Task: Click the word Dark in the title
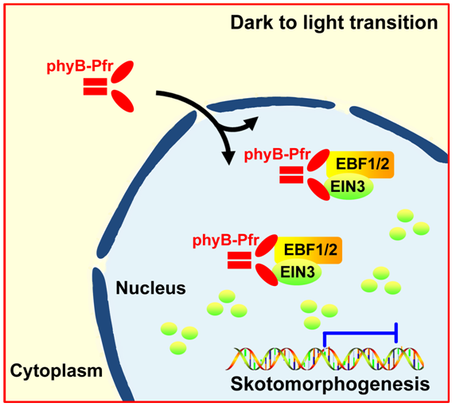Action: [x=251, y=23]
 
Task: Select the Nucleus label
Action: [x=150, y=288]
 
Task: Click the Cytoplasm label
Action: [x=56, y=371]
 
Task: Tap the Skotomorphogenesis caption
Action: [x=330, y=385]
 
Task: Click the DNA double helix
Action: [x=325, y=358]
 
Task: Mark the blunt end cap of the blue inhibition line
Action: [x=397, y=333]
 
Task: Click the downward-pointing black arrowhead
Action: [x=229, y=158]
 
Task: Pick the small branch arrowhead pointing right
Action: [x=251, y=123]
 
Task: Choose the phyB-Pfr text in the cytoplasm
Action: [x=80, y=67]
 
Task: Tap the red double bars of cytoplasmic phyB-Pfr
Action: [x=95, y=87]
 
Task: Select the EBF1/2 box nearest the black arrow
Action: [x=360, y=165]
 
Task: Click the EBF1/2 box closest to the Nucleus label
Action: [x=309, y=250]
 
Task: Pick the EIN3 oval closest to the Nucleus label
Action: [x=297, y=272]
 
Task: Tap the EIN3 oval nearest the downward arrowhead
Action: [x=349, y=187]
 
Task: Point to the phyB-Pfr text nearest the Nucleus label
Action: [x=226, y=241]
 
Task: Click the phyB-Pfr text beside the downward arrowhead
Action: [x=277, y=155]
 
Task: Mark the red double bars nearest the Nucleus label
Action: [x=240, y=260]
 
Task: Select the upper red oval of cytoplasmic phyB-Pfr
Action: [x=123, y=72]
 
